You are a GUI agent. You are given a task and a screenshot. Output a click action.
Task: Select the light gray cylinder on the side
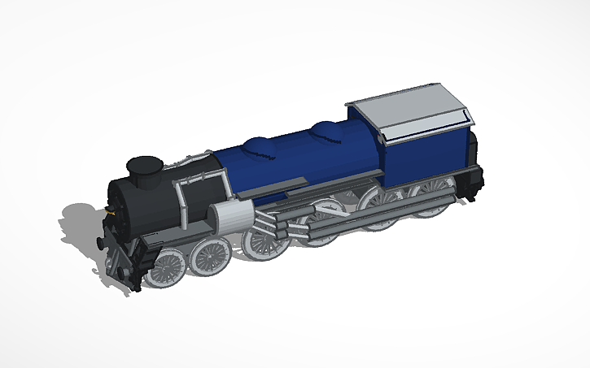(227, 216)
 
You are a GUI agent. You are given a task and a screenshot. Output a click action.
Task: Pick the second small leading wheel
(211, 255)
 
